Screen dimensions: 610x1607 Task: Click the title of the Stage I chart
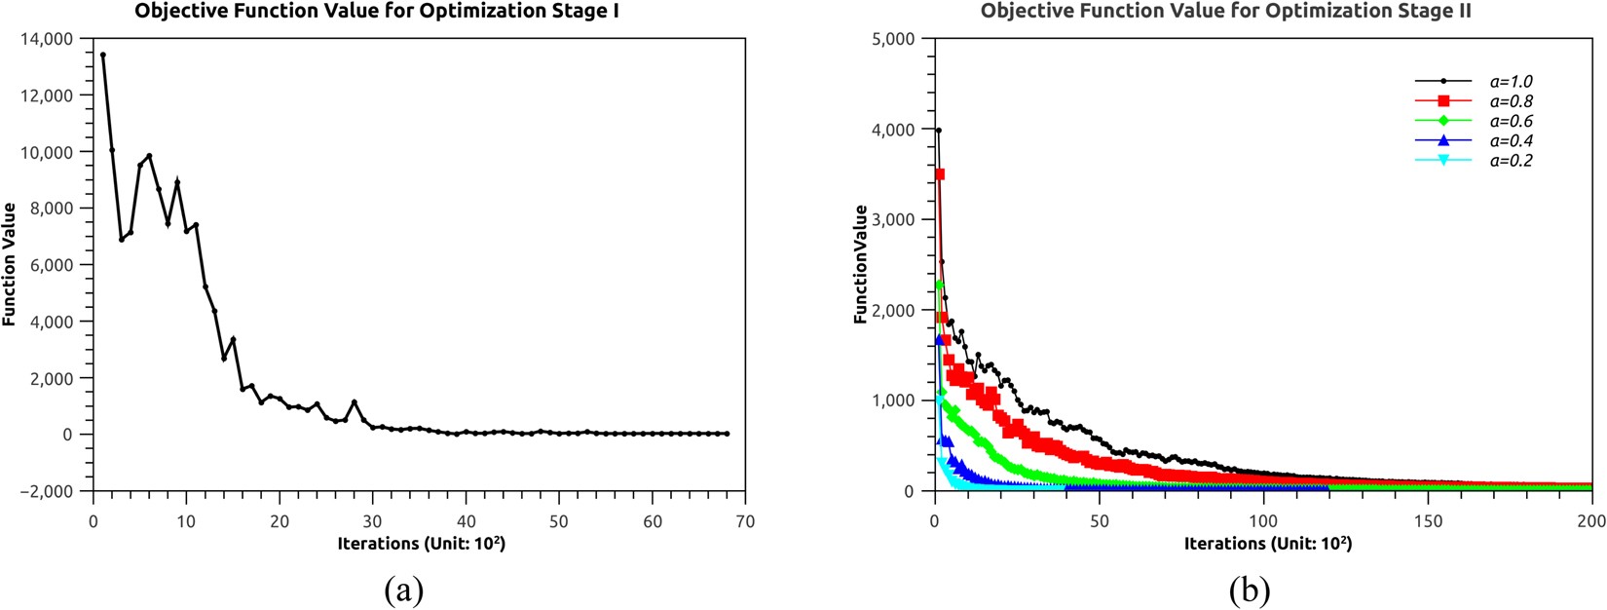[x=377, y=12]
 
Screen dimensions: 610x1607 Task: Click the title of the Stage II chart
[x=1225, y=12]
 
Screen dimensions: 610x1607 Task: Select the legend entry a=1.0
[x=1511, y=82]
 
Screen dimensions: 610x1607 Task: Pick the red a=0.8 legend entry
[x=1511, y=101]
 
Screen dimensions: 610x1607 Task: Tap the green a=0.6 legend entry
[x=1511, y=121]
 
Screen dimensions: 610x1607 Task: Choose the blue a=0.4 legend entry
[x=1511, y=141]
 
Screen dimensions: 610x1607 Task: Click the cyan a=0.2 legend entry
[x=1511, y=161]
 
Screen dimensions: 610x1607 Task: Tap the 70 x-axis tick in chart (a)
[x=746, y=521]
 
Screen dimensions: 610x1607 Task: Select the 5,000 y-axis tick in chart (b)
[x=895, y=39]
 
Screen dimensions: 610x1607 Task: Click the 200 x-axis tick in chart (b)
[x=1591, y=521]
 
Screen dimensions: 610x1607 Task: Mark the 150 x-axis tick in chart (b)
[x=1428, y=521]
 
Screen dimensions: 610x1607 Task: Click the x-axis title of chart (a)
[x=421, y=544]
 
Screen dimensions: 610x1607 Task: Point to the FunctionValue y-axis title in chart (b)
[x=861, y=264]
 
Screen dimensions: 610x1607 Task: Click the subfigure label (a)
[x=403, y=590]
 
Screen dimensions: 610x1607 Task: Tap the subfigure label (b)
[x=1251, y=590]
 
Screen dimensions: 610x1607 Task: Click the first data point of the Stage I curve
[x=102, y=55]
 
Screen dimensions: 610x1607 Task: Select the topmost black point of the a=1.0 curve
[x=938, y=130]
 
